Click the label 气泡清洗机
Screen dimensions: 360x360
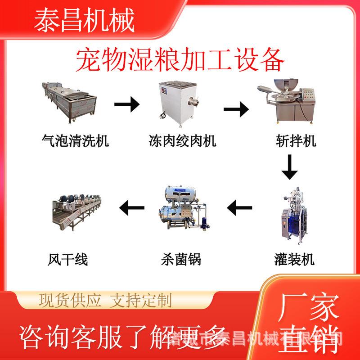click(x=75, y=141)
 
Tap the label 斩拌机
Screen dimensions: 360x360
click(x=296, y=141)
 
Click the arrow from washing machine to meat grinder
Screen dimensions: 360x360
click(x=126, y=106)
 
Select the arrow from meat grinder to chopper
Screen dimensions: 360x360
click(x=236, y=108)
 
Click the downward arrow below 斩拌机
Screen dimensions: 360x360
click(x=289, y=166)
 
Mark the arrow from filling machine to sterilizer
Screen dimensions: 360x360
click(x=239, y=208)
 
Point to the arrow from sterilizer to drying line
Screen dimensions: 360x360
click(x=131, y=208)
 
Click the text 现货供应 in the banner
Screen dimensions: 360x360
click(x=70, y=300)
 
